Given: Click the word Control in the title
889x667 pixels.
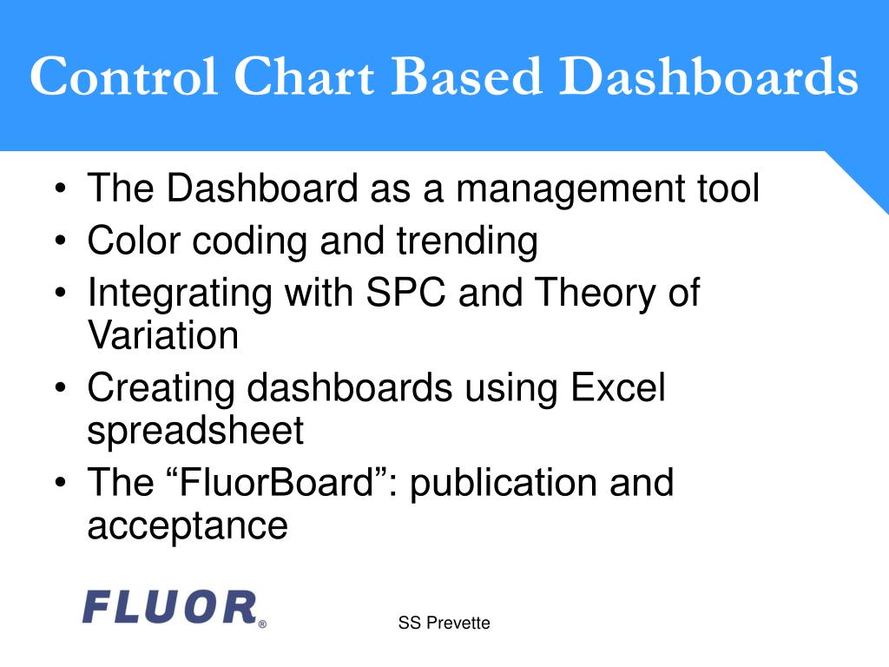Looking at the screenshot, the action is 123,76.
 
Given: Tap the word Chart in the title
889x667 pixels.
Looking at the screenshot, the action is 304,76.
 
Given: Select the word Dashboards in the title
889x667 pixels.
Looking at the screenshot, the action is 708,76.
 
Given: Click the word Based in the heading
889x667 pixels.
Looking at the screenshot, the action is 466,76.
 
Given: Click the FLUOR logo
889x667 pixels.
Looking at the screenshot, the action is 170,607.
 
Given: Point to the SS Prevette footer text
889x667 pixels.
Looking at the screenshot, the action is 444,623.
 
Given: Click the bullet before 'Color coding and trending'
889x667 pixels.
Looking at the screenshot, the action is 61,241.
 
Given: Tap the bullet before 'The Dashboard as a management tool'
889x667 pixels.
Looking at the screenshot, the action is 61,188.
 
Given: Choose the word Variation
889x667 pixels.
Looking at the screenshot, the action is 163,334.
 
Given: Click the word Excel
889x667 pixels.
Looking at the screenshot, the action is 618,387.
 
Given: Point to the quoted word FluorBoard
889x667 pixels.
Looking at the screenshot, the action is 278,482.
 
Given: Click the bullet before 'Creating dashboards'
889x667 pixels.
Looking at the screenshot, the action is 61,388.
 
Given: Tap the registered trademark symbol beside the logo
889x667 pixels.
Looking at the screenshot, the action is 262,624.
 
